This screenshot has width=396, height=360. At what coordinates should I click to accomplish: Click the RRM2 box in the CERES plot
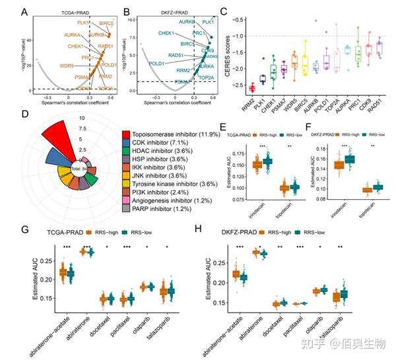(x=251, y=88)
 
